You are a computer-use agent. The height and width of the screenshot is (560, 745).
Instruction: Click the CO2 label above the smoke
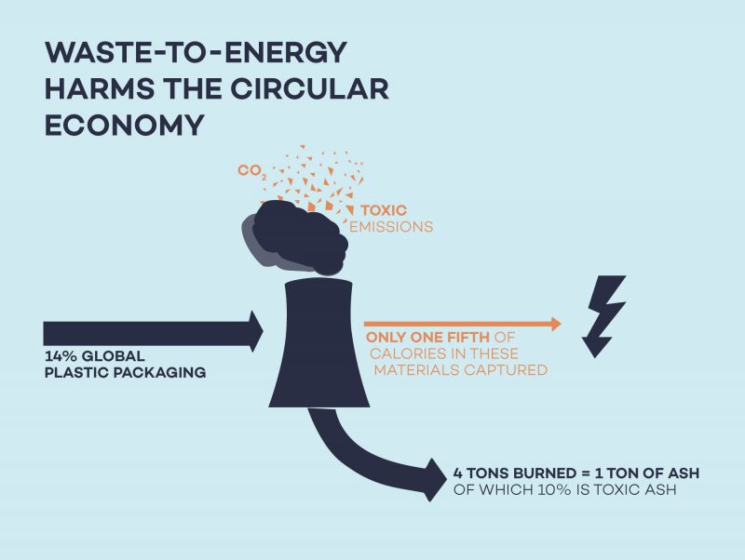pos(250,171)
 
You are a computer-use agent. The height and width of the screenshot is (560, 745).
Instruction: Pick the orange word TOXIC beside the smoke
pos(384,210)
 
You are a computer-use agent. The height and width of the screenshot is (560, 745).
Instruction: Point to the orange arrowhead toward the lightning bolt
pos(556,324)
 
